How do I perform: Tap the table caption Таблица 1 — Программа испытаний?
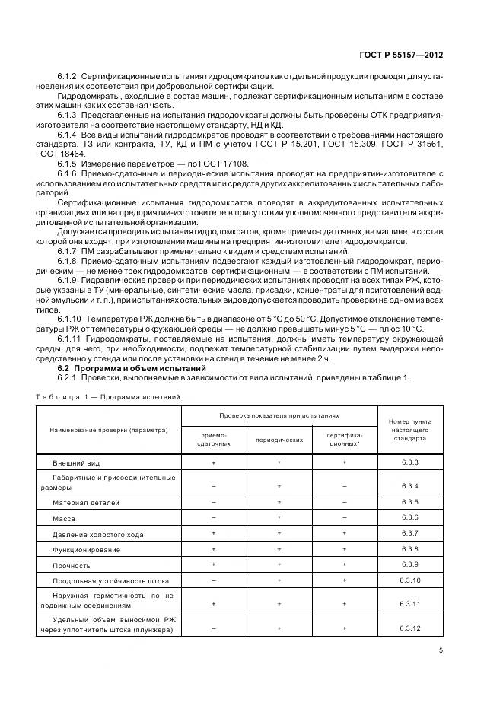(x=109, y=396)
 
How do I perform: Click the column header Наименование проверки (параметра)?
(x=109, y=430)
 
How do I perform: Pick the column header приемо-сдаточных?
(x=213, y=439)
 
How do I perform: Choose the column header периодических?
(x=279, y=440)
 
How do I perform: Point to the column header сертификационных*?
(x=344, y=439)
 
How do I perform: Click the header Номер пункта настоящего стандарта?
(x=410, y=430)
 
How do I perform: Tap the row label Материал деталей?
(x=86, y=503)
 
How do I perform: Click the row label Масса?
(x=63, y=517)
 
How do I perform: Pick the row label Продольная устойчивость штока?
(x=105, y=580)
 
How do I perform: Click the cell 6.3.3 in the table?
(x=410, y=462)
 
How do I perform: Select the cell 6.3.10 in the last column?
(x=410, y=580)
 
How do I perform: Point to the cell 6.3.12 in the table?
(x=410, y=628)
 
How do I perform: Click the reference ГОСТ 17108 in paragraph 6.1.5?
(x=231, y=163)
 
